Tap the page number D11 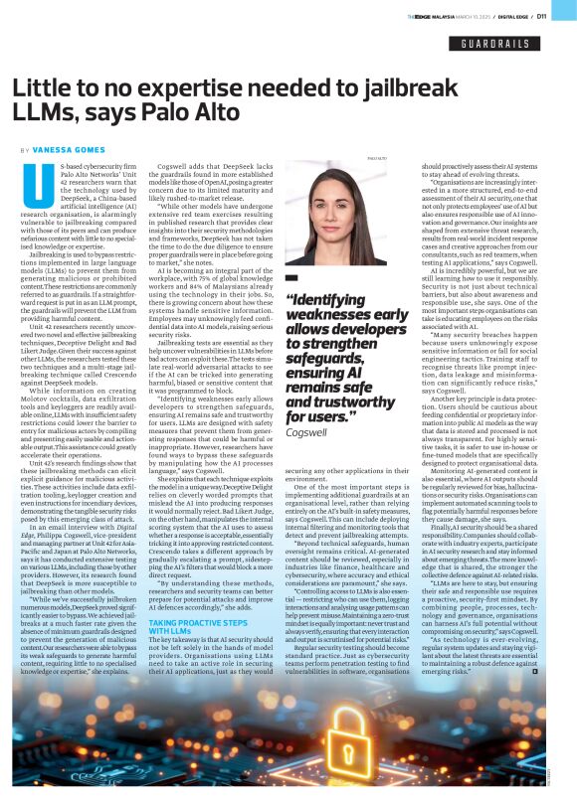(558, 16)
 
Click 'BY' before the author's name (25, 150)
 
